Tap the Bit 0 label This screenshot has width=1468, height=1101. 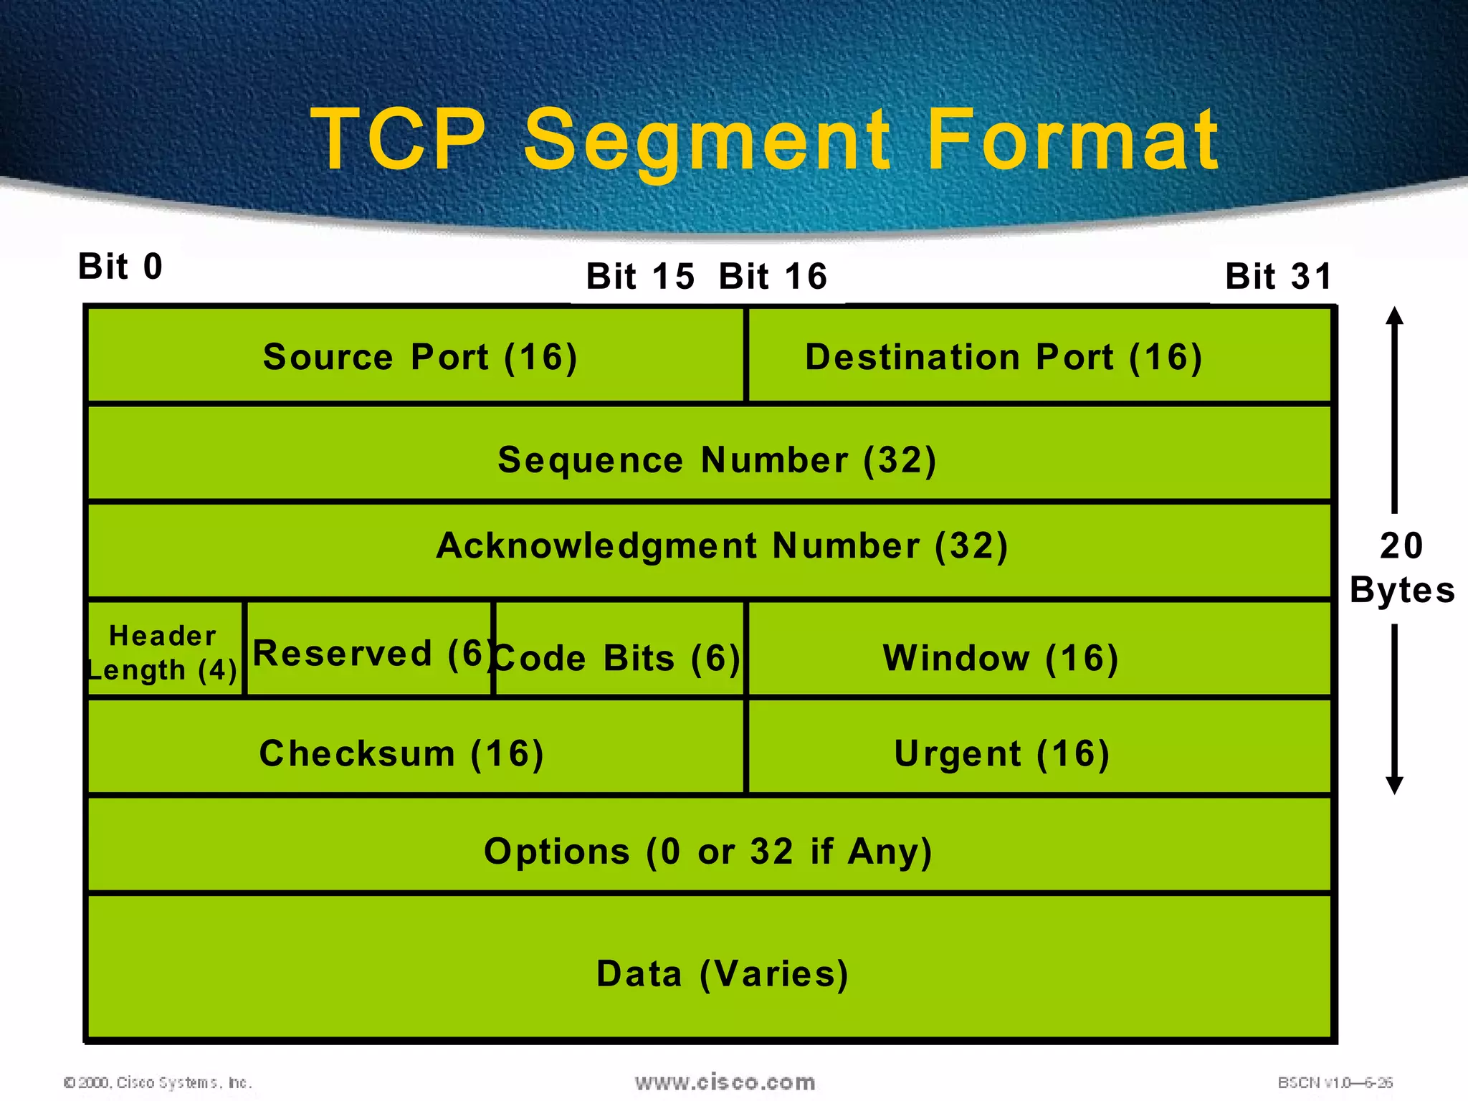pos(120,267)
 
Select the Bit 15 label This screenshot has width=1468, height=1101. pos(640,277)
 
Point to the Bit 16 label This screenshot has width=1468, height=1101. pos(773,277)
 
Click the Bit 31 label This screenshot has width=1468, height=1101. pos(1279,277)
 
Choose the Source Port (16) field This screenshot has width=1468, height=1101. pos(419,356)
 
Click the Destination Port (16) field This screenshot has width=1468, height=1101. pos(1004,356)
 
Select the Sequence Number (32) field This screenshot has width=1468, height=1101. pos(717,459)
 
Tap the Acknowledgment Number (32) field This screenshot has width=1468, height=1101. pos(722,545)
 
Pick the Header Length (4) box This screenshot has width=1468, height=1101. pos(163,652)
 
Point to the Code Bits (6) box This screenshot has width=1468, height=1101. pos(618,657)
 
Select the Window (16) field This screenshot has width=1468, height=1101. pos(1001,657)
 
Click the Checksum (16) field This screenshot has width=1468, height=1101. pos(401,753)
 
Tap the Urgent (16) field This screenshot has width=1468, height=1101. pos(1002,753)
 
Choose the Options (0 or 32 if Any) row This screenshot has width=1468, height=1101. pos(708,851)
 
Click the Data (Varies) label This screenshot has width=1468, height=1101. pos(723,973)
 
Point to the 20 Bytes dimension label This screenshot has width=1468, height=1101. pos(1401,568)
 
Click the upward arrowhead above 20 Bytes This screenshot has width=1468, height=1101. pos(1394,316)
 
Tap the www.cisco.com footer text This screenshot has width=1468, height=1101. pos(725,1082)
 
